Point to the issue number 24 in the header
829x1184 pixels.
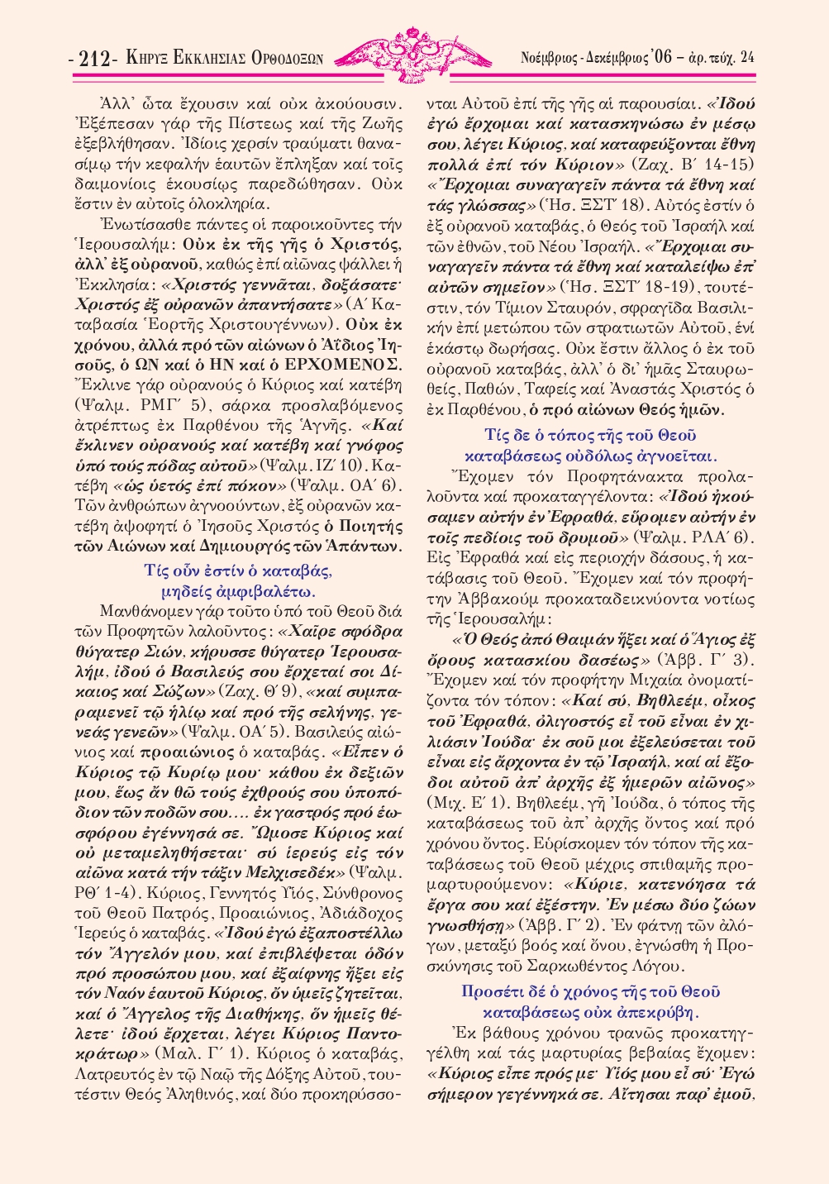click(746, 58)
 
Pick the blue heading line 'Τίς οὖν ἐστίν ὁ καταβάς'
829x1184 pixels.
click(238, 571)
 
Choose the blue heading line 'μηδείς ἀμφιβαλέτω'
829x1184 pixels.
click(238, 591)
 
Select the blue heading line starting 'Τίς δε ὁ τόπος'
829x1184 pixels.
click(591, 435)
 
